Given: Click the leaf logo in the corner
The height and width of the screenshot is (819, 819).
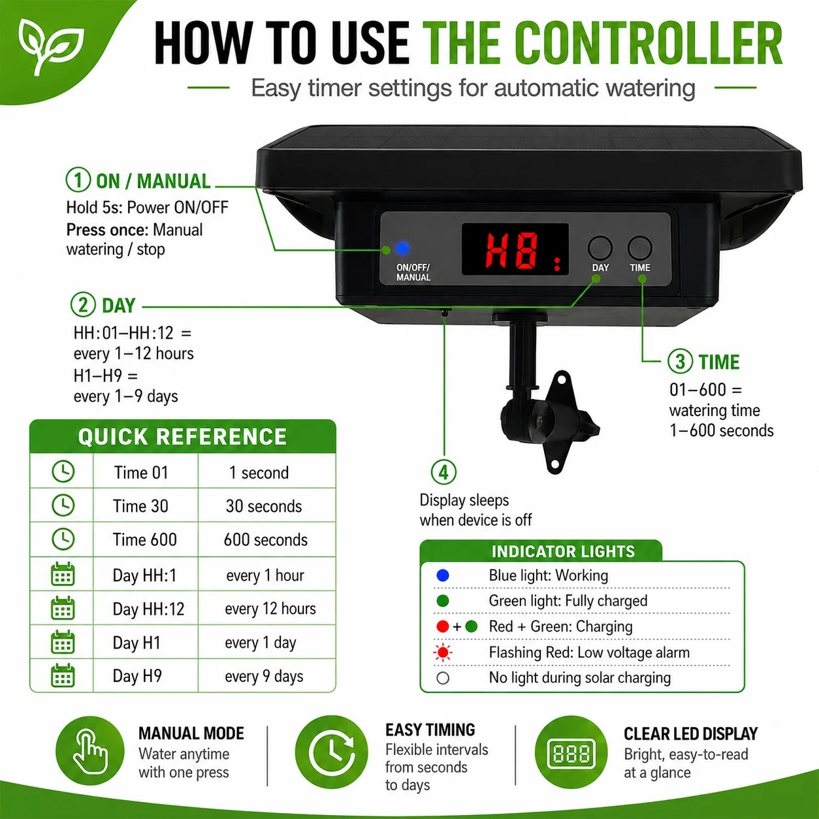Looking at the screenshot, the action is pyautogui.click(x=50, y=46).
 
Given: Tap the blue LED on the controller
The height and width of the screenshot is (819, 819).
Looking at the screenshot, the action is pyautogui.click(x=402, y=248).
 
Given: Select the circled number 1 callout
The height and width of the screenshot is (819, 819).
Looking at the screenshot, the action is pyautogui.click(x=78, y=180).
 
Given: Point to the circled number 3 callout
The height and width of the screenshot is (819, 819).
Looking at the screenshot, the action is pyautogui.click(x=680, y=361).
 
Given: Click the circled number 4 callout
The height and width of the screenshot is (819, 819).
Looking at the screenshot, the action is pyautogui.click(x=443, y=472).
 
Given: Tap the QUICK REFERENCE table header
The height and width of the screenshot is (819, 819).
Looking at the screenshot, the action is pyautogui.click(x=183, y=436).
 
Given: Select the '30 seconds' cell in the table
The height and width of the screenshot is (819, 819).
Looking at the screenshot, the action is pyautogui.click(x=264, y=506).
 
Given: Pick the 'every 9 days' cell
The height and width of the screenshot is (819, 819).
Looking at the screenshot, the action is pyautogui.click(x=264, y=676).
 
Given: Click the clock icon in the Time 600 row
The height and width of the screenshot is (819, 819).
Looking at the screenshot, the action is pyautogui.click(x=63, y=539).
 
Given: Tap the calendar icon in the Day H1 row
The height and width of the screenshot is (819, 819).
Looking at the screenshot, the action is pyautogui.click(x=63, y=642).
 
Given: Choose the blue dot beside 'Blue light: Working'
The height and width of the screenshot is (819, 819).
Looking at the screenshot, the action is pyautogui.click(x=442, y=575).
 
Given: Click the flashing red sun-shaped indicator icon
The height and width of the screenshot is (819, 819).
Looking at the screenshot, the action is pyautogui.click(x=442, y=652).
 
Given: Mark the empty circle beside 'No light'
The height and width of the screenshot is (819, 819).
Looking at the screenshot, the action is pyautogui.click(x=442, y=678).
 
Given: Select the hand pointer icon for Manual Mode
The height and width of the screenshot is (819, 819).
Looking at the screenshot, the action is pyautogui.click(x=89, y=751).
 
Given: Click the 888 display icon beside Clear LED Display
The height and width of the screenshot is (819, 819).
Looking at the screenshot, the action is pyautogui.click(x=571, y=754).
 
